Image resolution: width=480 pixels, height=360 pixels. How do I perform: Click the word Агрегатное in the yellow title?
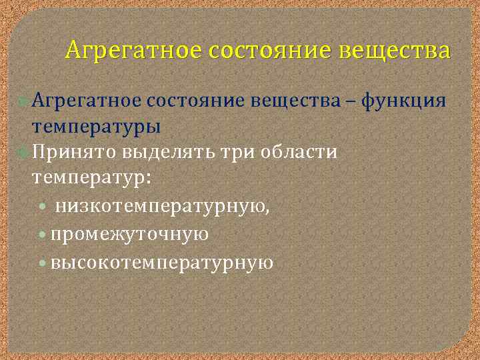pyautogui.click(x=133, y=51)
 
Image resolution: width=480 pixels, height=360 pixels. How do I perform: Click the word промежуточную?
pyautogui.click(x=130, y=235)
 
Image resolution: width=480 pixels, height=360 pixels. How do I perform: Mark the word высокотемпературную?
pyautogui.click(x=162, y=262)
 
